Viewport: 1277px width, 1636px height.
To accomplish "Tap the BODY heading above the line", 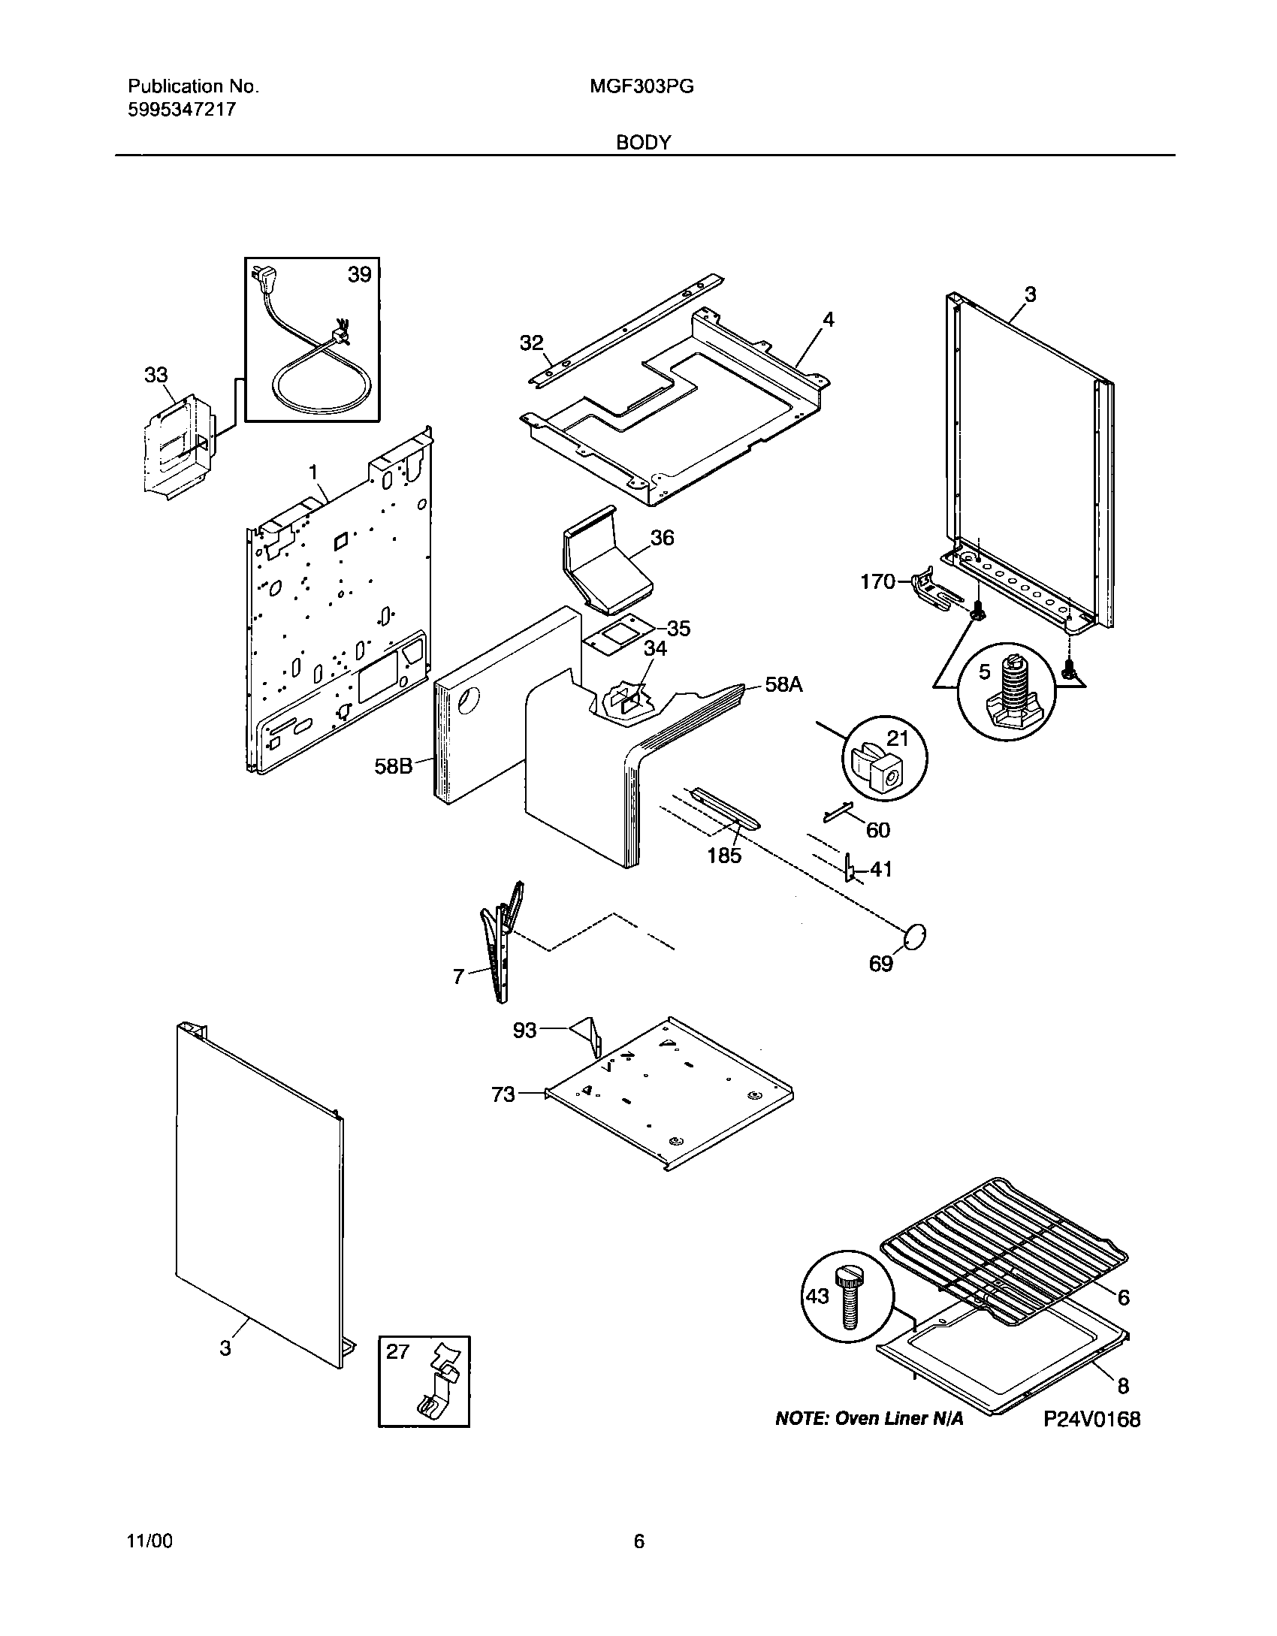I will click(x=643, y=143).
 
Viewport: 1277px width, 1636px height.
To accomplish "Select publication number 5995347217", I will click(x=182, y=110).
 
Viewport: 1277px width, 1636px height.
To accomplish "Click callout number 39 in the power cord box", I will click(x=359, y=275).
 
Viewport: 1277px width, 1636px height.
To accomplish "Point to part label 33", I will click(x=156, y=374).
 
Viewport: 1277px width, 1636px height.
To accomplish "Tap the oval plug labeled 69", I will click(x=914, y=937).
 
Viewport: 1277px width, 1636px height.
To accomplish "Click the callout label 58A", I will click(x=784, y=684).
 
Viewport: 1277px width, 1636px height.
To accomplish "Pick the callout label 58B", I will click(x=394, y=767).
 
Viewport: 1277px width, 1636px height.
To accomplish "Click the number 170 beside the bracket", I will click(x=877, y=581).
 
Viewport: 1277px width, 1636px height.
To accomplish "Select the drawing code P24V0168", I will click(x=1091, y=1419).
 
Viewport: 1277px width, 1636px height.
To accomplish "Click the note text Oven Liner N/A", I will click(x=869, y=1419).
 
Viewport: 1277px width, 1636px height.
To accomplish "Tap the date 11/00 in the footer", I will click(x=149, y=1541).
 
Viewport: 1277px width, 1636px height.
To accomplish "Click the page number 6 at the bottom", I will click(x=638, y=1541).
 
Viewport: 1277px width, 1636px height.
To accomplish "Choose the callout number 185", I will click(x=724, y=855).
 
